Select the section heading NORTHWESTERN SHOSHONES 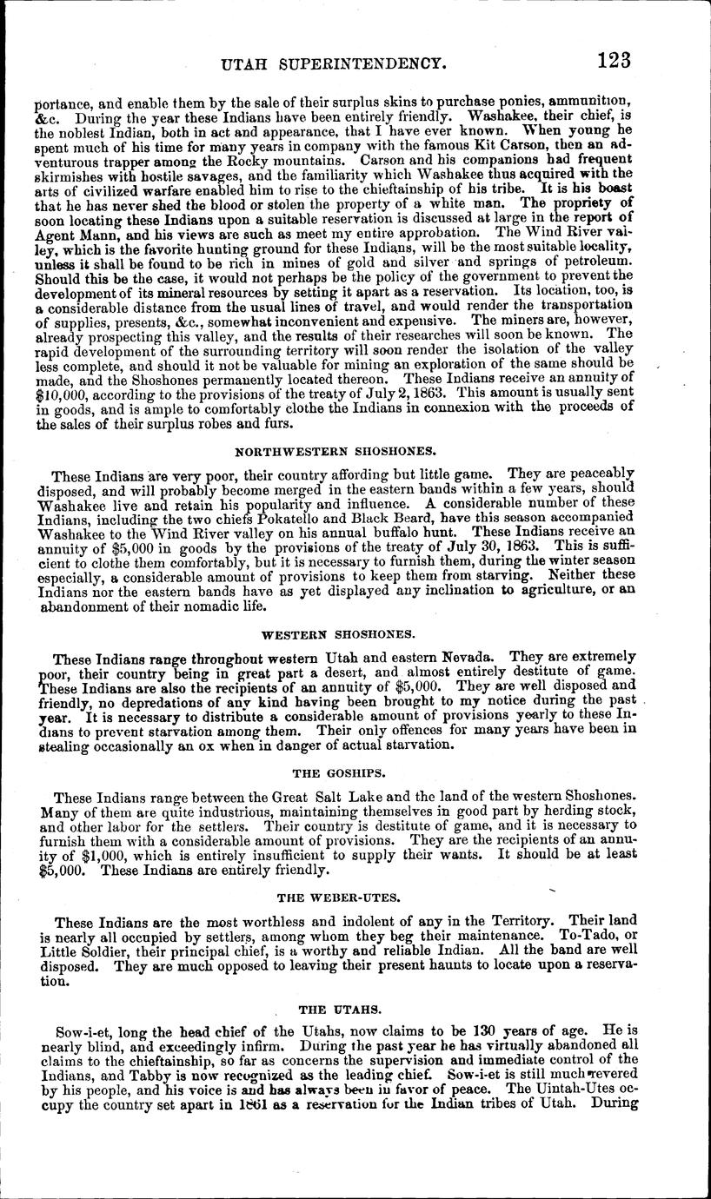(336, 451)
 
